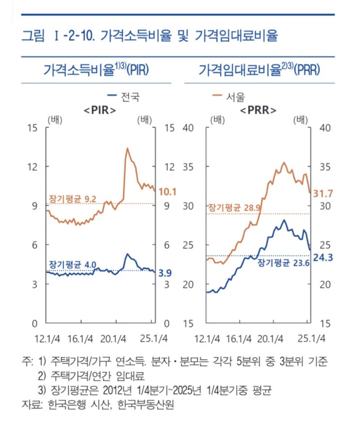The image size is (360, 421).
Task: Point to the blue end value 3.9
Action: (165, 274)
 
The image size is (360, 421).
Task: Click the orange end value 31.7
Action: (323, 194)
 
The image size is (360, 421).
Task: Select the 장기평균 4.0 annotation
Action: (73, 264)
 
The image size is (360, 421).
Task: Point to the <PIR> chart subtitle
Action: (100, 110)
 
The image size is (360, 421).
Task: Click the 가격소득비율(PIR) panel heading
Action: (96, 70)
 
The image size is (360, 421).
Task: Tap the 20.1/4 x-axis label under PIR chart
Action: (113, 338)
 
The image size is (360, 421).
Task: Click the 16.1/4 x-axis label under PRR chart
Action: (238, 338)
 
